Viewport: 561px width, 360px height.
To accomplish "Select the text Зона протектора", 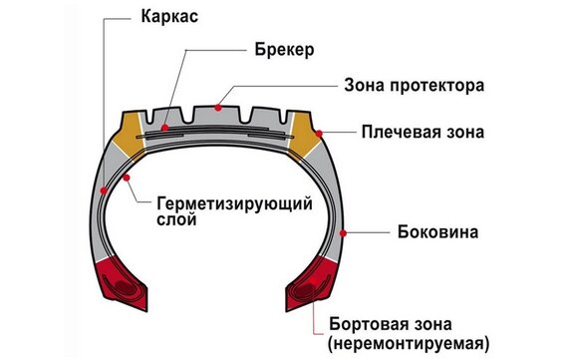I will click(x=415, y=85).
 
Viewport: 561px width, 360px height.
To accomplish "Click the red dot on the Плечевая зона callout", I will click(x=319, y=130).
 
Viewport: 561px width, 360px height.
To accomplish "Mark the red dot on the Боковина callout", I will click(x=344, y=232).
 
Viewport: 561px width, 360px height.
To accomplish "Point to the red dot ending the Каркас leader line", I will click(x=104, y=187).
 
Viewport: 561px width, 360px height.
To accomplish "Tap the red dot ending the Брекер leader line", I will click(x=164, y=128).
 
